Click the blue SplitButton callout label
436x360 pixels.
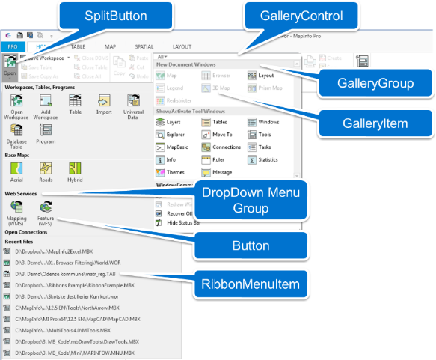pyautogui.click(x=115, y=15)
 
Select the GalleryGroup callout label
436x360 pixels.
pyautogui.click(x=376, y=83)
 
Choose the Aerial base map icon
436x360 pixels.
pyautogui.click(x=16, y=171)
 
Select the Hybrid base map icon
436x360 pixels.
pyautogui.click(x=75, y=171)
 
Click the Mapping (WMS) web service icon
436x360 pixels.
pyautogui.click(x=16, y=213)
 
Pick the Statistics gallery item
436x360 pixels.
pyautogui.click(x=267, y=159)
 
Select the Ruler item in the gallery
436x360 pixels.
pyautogui.click(x=220, y=159)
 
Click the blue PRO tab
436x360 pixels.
pyautogui.click(x=13, y=46)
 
